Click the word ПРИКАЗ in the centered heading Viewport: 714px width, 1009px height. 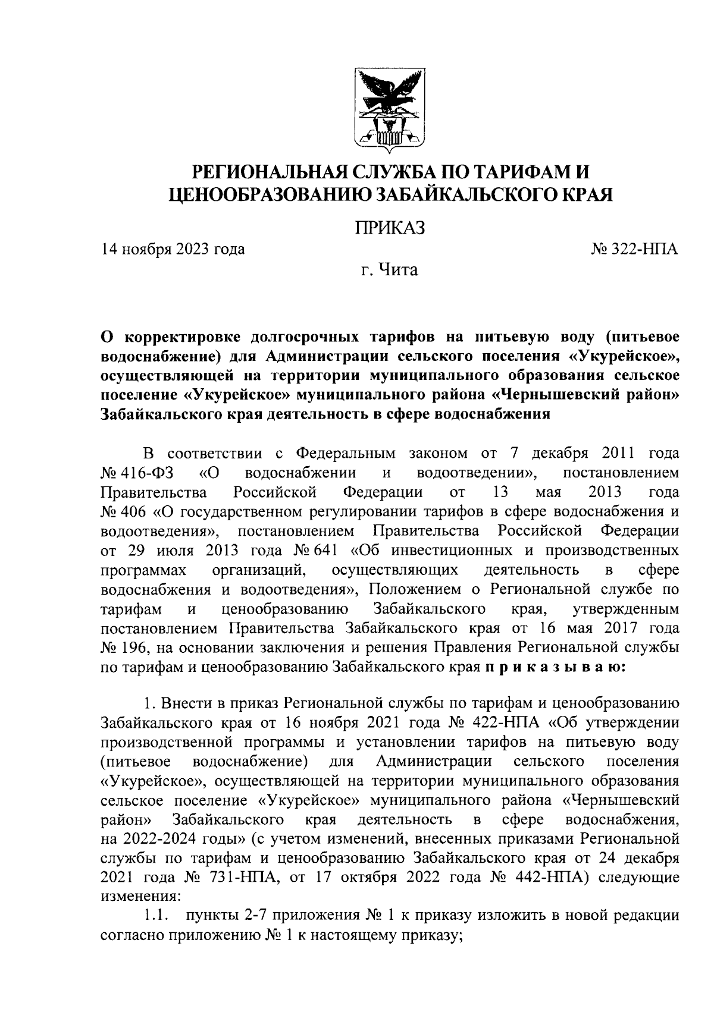click(391, 228)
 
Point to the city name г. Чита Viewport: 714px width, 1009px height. click(391, 271)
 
